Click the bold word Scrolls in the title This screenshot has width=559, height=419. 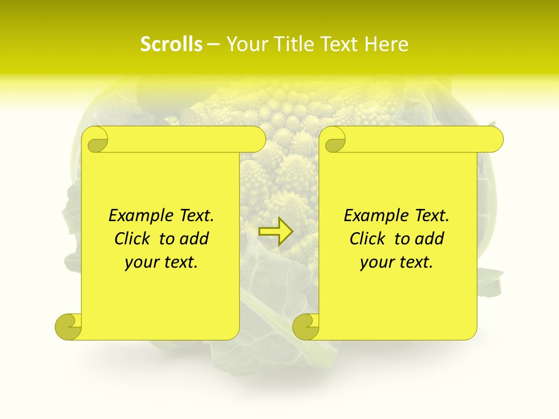click(171, 44)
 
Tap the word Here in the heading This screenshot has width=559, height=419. click(386, 44)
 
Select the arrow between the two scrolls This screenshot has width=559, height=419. click(276, 231)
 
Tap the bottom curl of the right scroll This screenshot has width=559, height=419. click(306, 326)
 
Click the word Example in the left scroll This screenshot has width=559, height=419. click(135, 216)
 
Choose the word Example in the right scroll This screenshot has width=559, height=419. click(370, 216)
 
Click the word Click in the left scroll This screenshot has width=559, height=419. click(133, 239)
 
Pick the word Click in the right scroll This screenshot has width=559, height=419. click(368, 239)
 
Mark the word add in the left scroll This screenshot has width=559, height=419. click(194, 239)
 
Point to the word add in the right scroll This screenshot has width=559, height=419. click(430, 239)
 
